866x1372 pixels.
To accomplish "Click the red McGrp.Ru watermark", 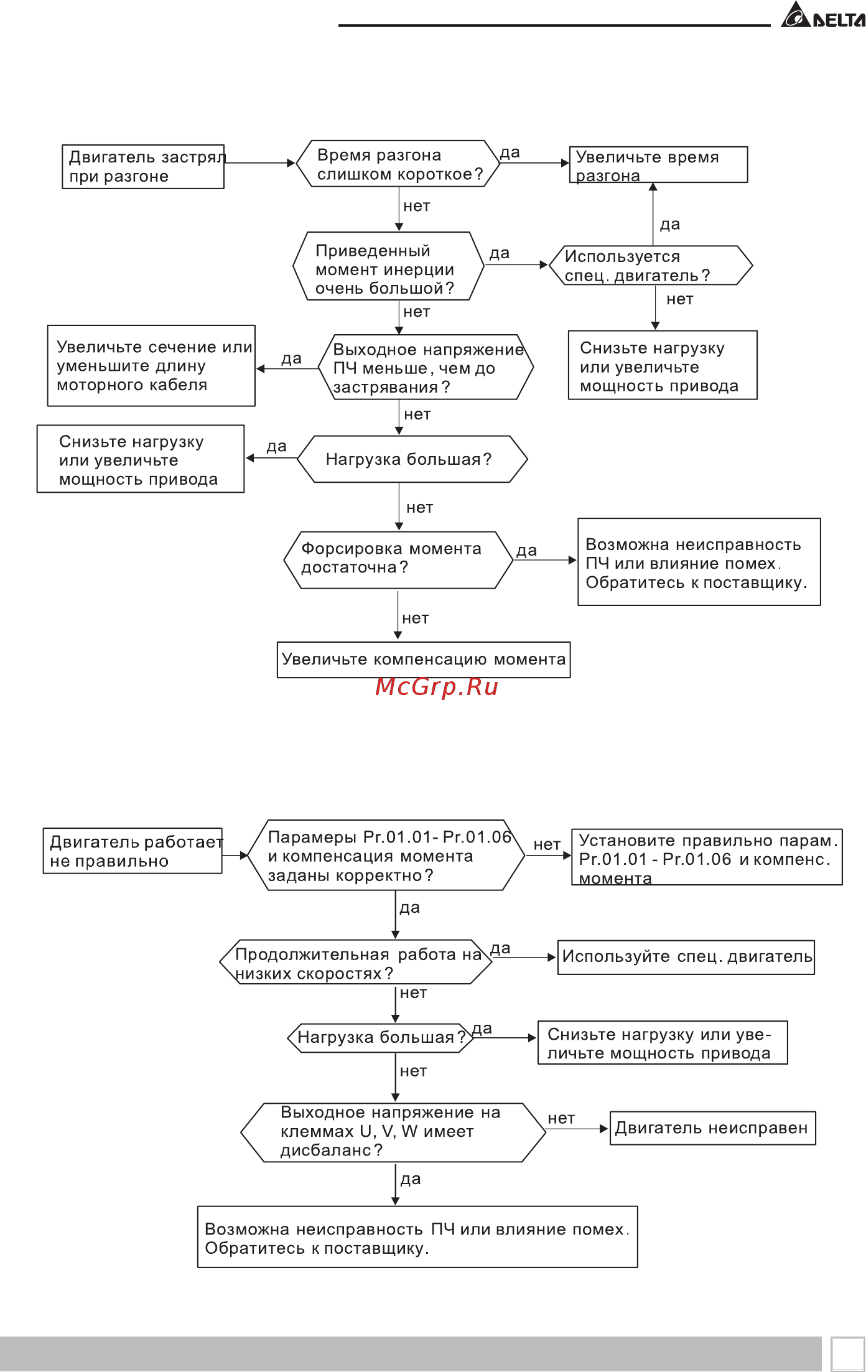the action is [437, 687].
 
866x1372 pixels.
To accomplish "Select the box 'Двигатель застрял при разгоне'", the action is [143, 167].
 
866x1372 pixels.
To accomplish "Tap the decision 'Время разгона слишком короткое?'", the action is [398, 164].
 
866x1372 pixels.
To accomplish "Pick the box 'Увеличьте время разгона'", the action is [659, 165].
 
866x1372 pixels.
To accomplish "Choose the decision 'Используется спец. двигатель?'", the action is [651, 266].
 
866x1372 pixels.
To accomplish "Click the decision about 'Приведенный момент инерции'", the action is [389, 266].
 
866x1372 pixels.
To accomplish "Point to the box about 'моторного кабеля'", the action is [151, 366].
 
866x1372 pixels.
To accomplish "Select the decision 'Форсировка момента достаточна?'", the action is [398, 560].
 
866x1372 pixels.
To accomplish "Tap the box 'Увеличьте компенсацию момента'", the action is [424, 660].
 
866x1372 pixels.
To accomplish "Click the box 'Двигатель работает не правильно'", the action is [133, 851].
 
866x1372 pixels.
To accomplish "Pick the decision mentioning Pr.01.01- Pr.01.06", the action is [386, 856].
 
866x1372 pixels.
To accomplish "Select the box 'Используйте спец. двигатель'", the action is [686, 957].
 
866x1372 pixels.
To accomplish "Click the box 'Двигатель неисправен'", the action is [713, 1128].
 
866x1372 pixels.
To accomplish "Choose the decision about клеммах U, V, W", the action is [393, 1133].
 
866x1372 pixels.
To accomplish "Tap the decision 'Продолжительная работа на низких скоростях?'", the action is [356, 962].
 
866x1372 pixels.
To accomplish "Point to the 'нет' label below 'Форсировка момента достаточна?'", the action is [416, 618].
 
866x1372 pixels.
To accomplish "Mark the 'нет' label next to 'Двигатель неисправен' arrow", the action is [561, 1119].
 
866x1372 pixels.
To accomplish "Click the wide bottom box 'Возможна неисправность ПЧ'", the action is [417, 1237].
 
